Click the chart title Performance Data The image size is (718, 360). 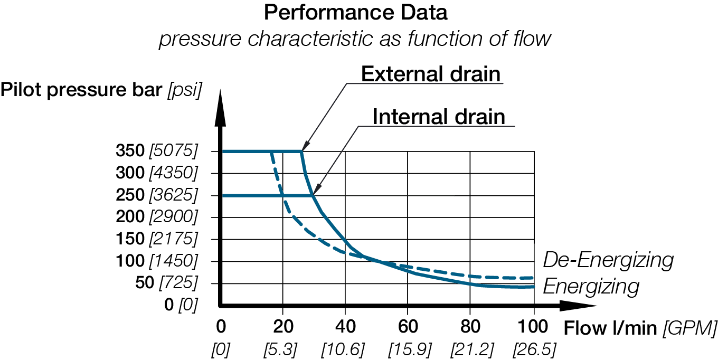(355, 13)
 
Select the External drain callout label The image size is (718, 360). (430, 74)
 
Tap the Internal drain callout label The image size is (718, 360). (439, 117)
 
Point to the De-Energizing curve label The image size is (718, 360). (608, 260)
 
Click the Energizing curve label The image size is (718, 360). (591, 287)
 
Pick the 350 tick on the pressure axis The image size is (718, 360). (130, 151)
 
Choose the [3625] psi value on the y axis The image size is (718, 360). (173, 195)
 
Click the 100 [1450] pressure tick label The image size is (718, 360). (157, 261)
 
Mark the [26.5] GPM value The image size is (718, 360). (534, 348)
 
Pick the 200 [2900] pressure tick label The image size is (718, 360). (157, 217)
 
